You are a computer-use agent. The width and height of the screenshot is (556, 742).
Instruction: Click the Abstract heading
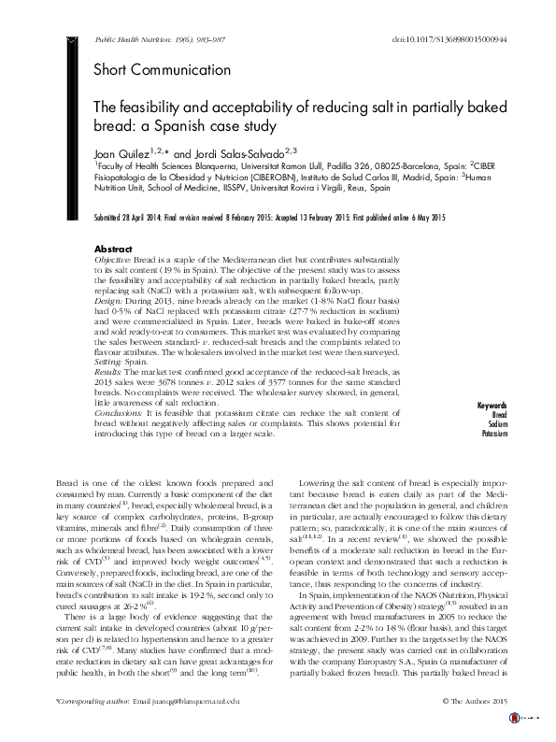click(114, 250)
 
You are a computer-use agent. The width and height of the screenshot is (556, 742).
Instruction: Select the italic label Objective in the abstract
click(117, 260)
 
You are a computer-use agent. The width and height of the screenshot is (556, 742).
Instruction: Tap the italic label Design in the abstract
click(111, 305)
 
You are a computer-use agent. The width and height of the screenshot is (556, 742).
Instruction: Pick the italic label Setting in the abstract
click(112, 359)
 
